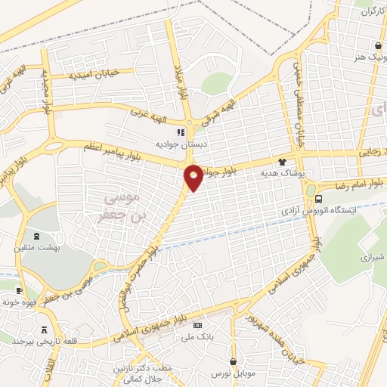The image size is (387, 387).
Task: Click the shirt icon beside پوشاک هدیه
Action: (x=282, y=161)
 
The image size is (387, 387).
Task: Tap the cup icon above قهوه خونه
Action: (x=19, y=290)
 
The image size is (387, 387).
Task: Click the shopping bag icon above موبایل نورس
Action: (x=233, y=362)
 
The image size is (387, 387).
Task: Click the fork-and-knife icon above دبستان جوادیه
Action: (x=180, y=133)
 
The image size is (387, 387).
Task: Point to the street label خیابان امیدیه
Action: (x=93, y=75)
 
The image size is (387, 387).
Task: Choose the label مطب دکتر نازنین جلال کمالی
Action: (x=138, y=373)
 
